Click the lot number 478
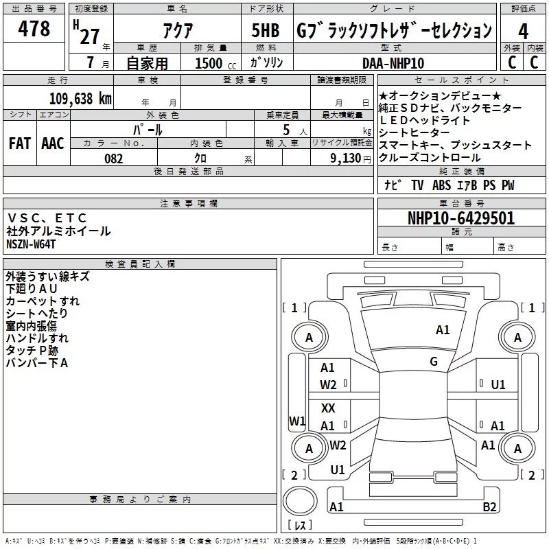point(35,29)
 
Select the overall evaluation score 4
point(523,32)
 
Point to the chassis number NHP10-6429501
point(461,219)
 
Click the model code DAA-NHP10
point(393,63)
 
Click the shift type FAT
point(20,143)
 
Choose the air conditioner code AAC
point(53,143)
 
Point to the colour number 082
point(113,159)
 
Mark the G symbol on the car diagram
point(434,362)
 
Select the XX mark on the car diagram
point(328,408)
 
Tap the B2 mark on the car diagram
point(489,507)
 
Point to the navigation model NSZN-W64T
point(31,244)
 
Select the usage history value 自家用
point(148,63)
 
